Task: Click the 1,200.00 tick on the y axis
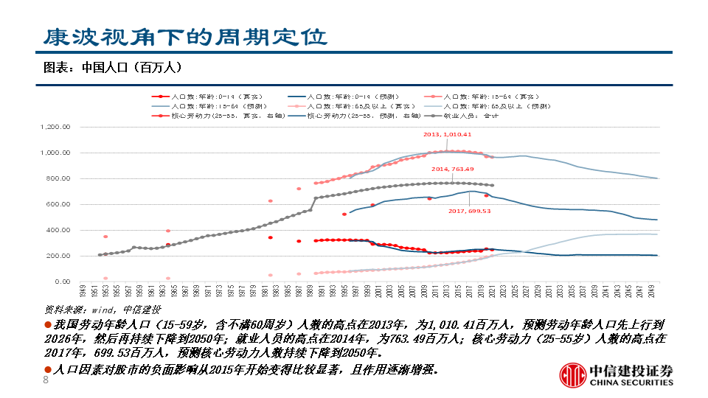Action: [x=56, y=127]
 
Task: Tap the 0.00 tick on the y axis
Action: [x=62, y=282]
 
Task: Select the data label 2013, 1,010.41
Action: [x=447, y=135]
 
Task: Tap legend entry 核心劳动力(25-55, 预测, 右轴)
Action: [x=356, y=116]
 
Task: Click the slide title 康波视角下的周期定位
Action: [x=184, y=36]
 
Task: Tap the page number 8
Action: [x=46, y=380]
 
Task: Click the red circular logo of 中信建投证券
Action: [x=572, y=375]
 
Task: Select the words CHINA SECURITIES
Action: [x=631, y=383]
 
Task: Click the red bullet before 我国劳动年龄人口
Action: [x=47, y=324]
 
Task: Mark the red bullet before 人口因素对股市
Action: [x=47, y=369]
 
